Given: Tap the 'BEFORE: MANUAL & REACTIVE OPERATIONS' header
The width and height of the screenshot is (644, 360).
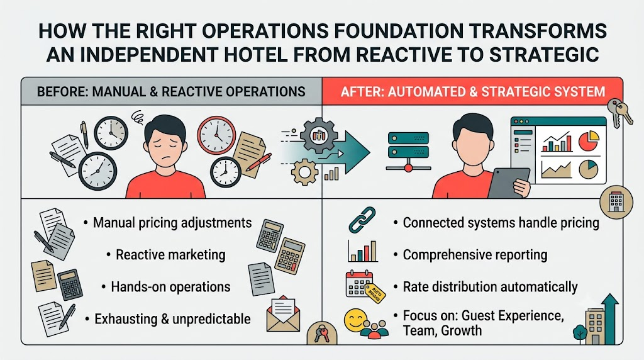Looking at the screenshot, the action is tap(171, 91).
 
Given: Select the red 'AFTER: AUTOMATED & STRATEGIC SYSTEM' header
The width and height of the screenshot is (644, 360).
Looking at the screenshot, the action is tap(473, 91).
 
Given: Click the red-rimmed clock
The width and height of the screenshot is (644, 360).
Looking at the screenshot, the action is tap(216, 135).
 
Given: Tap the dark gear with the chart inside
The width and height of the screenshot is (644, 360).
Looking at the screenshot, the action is tap(319, 135).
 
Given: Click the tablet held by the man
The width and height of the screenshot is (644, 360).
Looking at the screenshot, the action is tap(508, 183).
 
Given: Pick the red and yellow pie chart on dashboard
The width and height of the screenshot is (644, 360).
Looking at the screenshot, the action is tap(589, 140).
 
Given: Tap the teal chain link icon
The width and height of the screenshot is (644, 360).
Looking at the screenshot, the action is tap(362, 220).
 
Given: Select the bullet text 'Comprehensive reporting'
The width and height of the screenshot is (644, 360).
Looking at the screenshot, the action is tap(475, 255).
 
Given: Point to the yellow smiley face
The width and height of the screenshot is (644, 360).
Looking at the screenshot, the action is tap(355, 320).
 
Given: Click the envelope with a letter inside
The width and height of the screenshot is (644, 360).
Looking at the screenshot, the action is tap(284, 314).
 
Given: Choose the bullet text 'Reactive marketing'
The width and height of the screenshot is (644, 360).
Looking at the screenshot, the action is tap(170, 255).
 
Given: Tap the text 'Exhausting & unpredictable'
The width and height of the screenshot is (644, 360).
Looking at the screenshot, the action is tap(172, 319).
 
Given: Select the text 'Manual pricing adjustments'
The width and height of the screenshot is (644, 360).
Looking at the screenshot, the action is tap(172, 223).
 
